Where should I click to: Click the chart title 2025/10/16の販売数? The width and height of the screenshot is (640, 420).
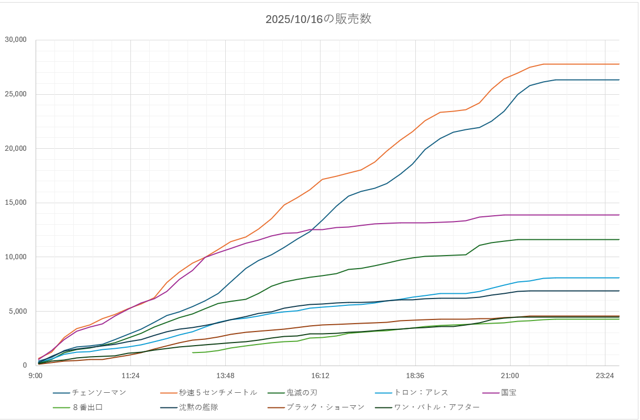click(318, 19)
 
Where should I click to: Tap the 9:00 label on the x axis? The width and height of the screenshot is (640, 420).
click(36, 375)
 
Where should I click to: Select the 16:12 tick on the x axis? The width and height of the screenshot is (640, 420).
click(320, 375)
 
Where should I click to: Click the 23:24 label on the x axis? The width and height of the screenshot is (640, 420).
click(605, 375)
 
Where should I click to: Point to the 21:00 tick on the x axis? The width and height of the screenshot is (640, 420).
click(510, 375)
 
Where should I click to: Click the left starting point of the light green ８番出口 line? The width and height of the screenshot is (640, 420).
click(193, 352)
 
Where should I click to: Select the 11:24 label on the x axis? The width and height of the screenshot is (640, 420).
click(130, 375)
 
